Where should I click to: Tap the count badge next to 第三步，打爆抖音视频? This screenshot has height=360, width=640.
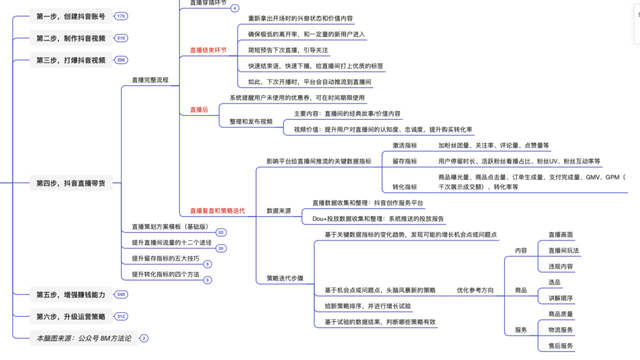121,60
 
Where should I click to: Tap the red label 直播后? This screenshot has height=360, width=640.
199,109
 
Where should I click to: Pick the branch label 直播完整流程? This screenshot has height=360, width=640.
150,79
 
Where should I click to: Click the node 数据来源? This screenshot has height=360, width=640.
279,211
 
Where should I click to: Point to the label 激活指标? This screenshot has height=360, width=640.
404,145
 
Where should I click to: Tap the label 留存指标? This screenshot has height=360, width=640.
404,160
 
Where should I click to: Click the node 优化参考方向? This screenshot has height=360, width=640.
475,290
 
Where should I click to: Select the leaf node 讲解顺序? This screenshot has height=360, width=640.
561,298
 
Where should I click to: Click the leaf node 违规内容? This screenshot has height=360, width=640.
561,266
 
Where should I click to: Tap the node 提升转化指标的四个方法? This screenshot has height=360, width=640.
166,273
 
